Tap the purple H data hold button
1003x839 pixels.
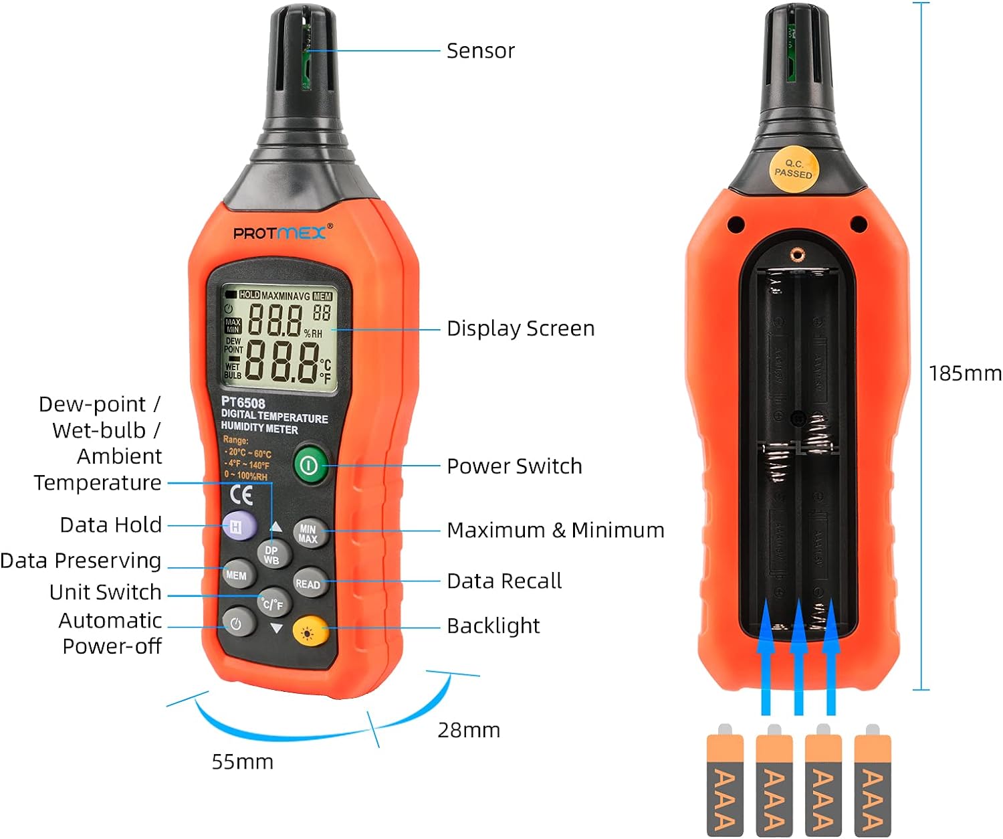click(x=239, y=526)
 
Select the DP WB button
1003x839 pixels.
click(x=271, y=555)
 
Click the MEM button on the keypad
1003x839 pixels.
click(x=237, y=575)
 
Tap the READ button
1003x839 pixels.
click(x=308, y=583)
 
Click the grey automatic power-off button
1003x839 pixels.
click(x=237, y=624)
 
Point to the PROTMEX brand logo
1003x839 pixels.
click(x=280, y=233)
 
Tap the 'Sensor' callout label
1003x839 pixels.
click(x=480, y=51)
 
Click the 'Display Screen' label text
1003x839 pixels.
click(x=520, y=329)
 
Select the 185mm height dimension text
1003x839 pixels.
click(x=965, y=373)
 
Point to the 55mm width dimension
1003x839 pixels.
click(x=242, y=761)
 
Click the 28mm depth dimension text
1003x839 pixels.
click(x=469, y=730)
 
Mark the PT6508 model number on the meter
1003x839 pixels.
click(x=243, y=403)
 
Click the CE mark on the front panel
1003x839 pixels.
click(x=241, y=494)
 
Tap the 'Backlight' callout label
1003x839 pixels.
click(x=493, y=626)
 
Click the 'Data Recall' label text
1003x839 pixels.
click(x=504, y=581)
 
